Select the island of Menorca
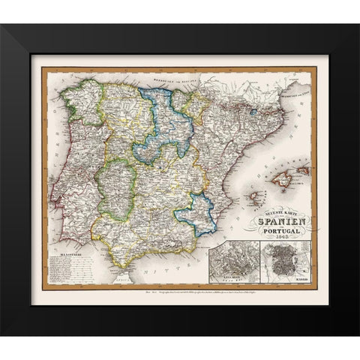click(304, 170)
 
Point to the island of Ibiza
click(256, 197)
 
